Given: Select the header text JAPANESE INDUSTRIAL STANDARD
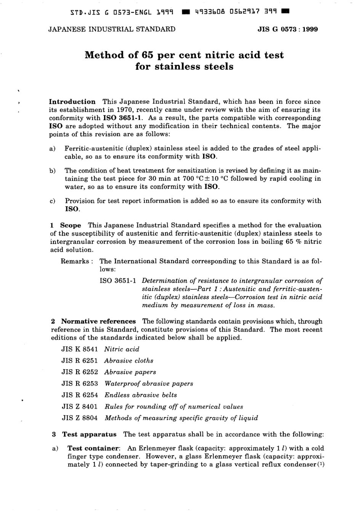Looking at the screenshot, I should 112,29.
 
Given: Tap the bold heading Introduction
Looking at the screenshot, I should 72,102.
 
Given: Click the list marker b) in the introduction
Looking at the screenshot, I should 53,170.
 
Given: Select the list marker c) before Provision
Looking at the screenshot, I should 53,201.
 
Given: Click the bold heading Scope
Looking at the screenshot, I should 70,225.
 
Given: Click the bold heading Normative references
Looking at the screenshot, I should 98,321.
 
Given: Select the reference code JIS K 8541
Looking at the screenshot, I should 80,349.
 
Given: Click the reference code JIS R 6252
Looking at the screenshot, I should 80,372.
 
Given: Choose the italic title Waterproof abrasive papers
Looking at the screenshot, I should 149,383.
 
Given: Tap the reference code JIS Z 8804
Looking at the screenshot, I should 80,418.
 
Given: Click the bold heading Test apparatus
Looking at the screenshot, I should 89,434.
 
